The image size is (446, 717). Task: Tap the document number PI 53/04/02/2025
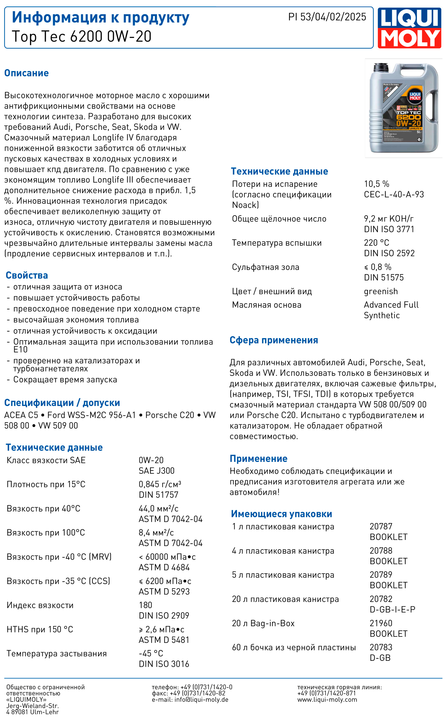(x=327, y=17)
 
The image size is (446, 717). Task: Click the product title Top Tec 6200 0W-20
(x=82, y=37)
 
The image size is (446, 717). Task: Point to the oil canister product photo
(x=403, y=108)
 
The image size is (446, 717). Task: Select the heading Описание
(x=26, y=73)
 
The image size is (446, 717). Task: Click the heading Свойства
(x=27, y=275)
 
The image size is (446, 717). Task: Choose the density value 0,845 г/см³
(x=160, y=484)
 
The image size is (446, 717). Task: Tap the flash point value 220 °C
(x=376, y=243)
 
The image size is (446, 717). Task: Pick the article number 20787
(x=381, y=526)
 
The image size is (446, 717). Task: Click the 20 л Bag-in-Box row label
(x=263, y=623)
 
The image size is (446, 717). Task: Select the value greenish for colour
(x=381, y=291)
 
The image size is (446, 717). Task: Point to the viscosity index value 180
(x=145, y=605)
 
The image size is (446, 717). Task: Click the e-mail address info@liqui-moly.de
(x=201, y=700)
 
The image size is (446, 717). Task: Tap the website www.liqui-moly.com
(x=327, y=700)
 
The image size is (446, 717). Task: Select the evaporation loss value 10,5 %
(x=376, y=184)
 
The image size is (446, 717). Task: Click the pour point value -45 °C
(x=151, y=653)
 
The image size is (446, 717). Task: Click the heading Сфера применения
(x=274, y=340)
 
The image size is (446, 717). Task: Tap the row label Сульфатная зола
(x=266, y=267)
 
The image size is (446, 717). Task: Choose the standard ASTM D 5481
(x=164, y=640)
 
